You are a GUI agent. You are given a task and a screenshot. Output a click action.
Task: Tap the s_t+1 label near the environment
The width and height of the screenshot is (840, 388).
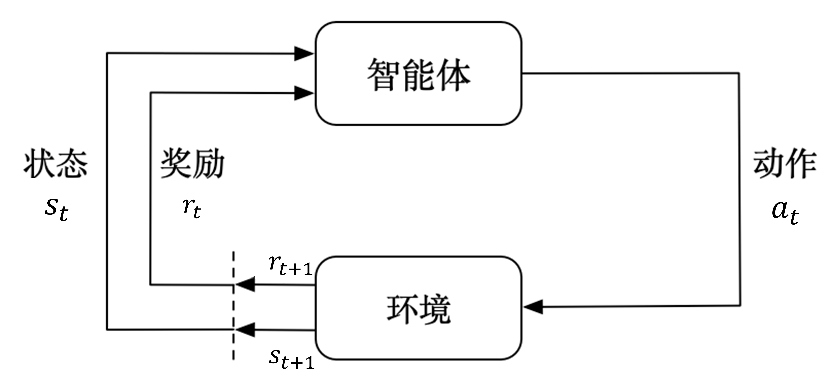click(291, 359)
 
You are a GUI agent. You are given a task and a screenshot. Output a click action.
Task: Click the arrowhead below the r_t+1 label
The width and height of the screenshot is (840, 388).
click(245, 285)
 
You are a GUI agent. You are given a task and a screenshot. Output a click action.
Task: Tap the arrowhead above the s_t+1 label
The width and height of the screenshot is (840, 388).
click(245, 330)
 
